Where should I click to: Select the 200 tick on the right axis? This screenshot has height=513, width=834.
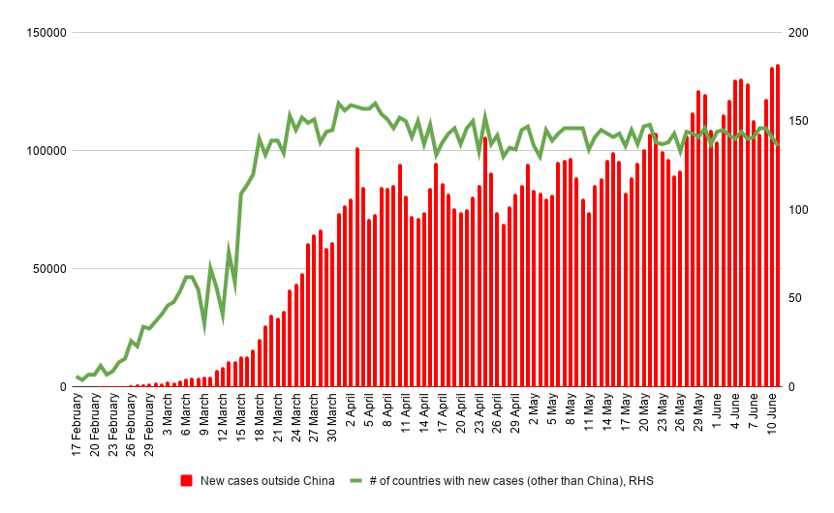[799, 33]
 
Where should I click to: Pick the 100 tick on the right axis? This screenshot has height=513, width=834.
[799, 210]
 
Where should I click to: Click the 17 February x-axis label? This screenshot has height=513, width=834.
[77, 425]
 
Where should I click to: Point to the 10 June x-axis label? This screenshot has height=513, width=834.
[772, 417]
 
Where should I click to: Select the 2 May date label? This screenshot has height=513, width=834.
[534, 413]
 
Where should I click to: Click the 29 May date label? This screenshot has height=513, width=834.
[698, 416]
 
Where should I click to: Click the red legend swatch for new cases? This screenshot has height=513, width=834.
[187, 481]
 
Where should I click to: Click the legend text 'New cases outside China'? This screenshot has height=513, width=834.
[267, 481]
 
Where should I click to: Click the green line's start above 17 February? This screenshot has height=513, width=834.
[77, 377]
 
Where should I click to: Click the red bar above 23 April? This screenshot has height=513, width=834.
[485, 261]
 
